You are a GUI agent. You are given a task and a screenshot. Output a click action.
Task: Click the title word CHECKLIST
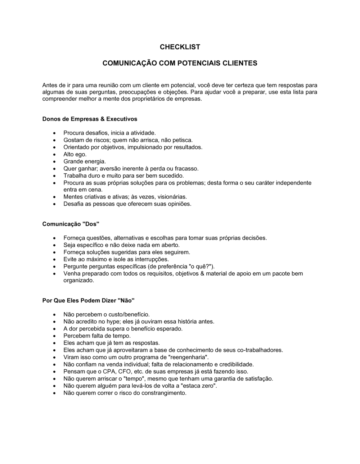coord(180,47)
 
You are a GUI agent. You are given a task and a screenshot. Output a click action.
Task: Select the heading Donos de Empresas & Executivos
coord(90,119)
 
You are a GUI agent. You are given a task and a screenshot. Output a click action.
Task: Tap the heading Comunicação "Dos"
coord(71,224)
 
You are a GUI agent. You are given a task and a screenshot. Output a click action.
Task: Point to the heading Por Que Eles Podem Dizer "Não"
coord(88,300)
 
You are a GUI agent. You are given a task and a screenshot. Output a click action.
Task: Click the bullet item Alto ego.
coord(75,154)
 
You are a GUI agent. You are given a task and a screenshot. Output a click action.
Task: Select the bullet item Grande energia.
coord(85,162)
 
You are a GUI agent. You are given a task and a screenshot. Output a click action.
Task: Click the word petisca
coord(182,140)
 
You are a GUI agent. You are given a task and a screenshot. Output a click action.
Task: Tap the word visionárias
coord(171,197)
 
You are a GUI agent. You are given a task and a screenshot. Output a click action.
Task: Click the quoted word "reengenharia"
coord(188,357)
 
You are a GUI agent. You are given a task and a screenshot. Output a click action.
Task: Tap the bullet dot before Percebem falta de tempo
coord(54,336)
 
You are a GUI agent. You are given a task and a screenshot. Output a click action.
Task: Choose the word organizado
coord(78,281)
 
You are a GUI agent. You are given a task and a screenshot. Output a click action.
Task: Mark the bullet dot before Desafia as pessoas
coord(54,204)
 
